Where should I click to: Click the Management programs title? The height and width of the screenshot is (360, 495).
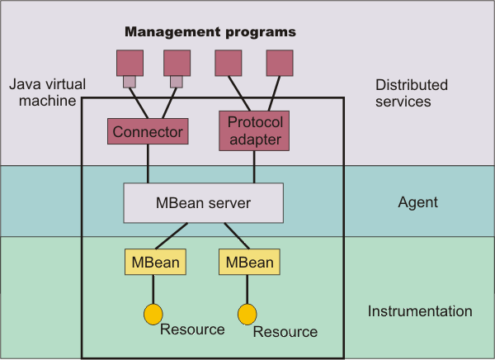(x=210, y=32)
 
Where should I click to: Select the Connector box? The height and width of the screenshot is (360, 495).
(x=148, y=130)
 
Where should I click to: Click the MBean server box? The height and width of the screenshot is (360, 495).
(x=203, y=203)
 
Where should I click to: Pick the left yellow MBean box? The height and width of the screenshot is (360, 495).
(x=154, y=263)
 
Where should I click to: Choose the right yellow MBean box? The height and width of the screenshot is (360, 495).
(x=249, y=263)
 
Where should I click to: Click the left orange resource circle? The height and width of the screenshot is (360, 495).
(x=153, y=314)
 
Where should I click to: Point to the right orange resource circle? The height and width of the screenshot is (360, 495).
(x=247, y=314)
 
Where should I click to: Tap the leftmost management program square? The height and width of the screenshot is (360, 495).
(x=129, y=63)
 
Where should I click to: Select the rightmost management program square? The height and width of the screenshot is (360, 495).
(x=280, y=63)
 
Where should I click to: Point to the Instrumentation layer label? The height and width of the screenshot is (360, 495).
(x=420, y=311)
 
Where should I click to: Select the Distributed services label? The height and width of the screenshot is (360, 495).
(x=412, y=93)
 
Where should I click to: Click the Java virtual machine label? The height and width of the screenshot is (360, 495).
(x=43, y=93)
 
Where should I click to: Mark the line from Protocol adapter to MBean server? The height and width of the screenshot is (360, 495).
(x=253, y=167)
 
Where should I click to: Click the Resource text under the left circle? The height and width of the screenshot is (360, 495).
(x=192, y=329)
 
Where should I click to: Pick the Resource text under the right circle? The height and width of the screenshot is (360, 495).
(x=285, y=332)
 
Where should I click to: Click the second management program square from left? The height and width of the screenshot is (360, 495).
(x=177, y=63)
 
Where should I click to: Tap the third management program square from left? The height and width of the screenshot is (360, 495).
(x=229, y=63)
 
